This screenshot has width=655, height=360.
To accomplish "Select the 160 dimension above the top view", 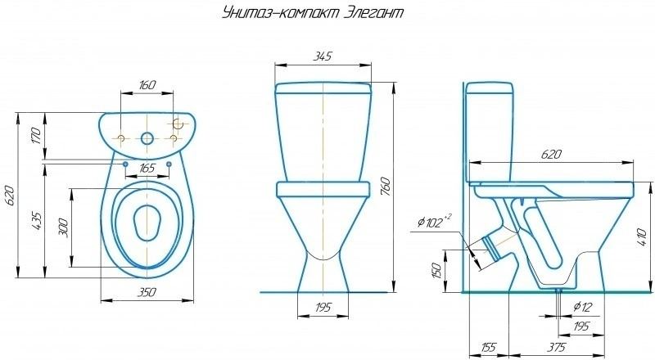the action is [x=147, y=85].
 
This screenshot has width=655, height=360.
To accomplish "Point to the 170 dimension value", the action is [x=36, y=136].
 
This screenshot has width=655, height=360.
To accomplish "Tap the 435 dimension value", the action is [x=36, y=221].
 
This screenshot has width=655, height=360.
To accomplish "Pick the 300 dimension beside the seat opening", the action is [x=63, y=227].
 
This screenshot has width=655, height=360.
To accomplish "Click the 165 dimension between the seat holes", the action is [x=147, y=169].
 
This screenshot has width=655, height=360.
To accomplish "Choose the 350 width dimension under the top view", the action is [x=147, y=292].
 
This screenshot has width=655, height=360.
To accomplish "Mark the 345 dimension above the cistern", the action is [x=323, y=56].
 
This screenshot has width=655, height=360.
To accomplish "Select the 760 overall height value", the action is [x=385, y=187].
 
